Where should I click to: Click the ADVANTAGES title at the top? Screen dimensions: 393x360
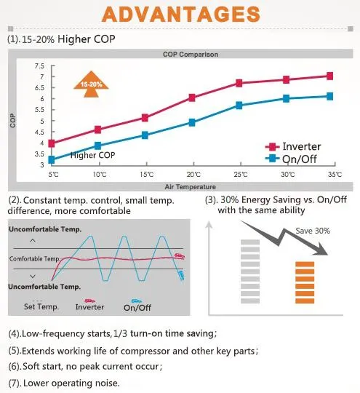[x=180, y=15]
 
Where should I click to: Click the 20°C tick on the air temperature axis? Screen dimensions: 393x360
[x=192, y=175]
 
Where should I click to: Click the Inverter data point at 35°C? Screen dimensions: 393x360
[x=330, y=76]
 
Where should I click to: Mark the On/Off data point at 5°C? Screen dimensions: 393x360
[x=52, y=159]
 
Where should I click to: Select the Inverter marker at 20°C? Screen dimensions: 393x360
[x=192, y=98]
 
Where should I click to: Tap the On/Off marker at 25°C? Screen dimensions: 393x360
[x=239, y=106]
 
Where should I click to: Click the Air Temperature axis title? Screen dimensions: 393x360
[x=192, y=186]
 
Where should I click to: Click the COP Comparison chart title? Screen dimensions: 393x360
[x=192, y=54]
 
